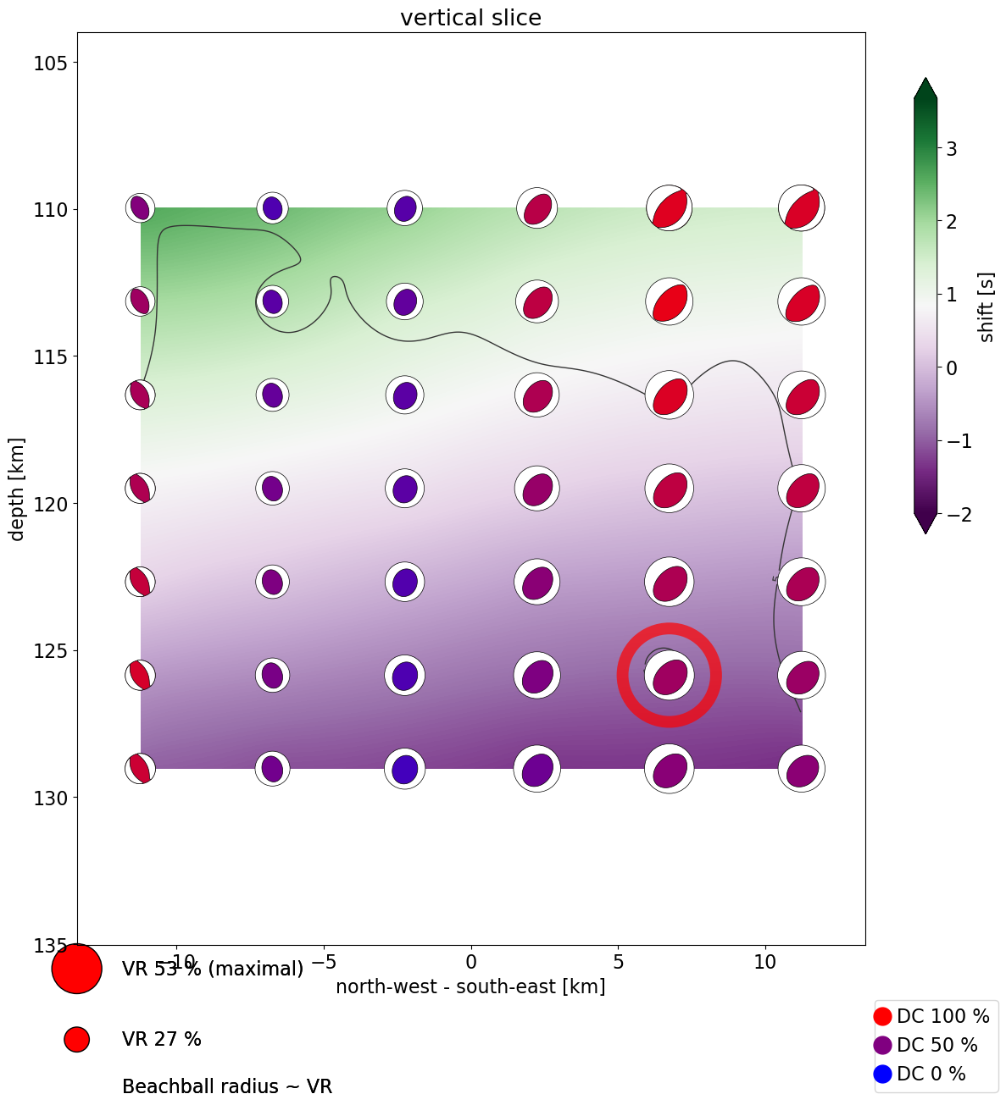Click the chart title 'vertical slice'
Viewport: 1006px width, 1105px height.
470,18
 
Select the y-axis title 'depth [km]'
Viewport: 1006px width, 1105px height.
17,489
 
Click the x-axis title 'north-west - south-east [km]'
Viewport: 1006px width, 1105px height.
470,986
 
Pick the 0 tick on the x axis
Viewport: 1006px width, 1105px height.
471,962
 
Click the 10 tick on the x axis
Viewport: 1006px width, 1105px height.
765,962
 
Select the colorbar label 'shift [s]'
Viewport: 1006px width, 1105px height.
987,307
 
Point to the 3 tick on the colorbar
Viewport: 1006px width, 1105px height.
952,149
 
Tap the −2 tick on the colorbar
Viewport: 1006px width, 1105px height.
947,514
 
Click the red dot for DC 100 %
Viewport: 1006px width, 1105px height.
883,1016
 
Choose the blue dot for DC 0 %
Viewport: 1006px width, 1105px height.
883,1074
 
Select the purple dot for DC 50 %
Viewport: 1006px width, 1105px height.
883,1045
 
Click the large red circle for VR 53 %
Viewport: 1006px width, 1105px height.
76,968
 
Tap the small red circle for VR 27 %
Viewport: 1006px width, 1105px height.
76,1039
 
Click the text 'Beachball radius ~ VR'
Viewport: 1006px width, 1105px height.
226,1086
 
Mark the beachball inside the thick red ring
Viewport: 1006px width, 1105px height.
670,676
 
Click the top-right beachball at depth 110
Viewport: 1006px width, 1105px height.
802,207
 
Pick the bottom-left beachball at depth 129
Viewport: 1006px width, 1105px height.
141,769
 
